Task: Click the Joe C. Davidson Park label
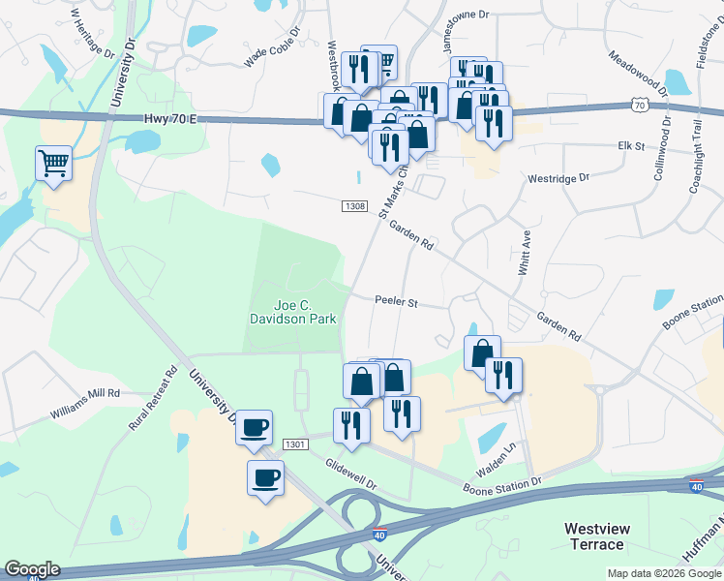pos(293,311)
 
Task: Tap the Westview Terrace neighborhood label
pos(594,536)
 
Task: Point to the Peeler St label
pos(396,302)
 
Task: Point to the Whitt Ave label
pos(525,253)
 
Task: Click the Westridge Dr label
pos(558,179)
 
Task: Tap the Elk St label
pos(631,145)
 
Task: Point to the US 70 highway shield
pos(637,104)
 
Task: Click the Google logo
pos(32,569)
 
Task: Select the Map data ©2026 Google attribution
pos(663,573)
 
